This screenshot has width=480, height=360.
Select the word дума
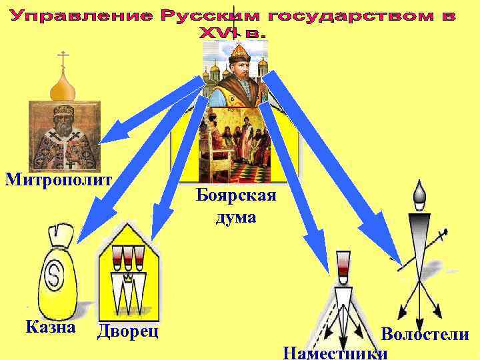point(235,217)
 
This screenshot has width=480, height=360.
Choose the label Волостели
point(425,335)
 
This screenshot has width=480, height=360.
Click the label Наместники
point(335,351)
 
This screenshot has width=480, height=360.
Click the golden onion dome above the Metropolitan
point(63,84)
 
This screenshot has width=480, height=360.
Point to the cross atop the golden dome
point(63,58)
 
